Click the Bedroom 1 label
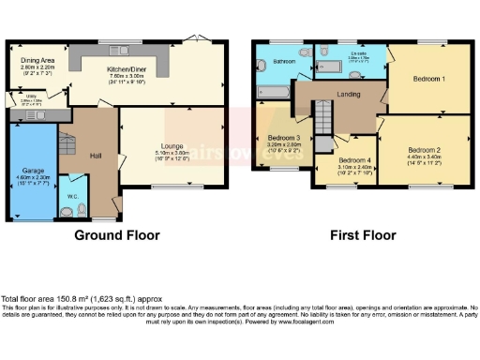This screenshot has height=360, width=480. point(429,79)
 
